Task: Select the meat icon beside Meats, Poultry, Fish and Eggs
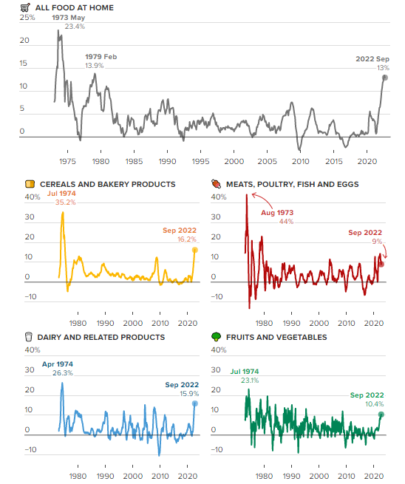[216, 184]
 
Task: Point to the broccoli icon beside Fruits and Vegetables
[216, 337]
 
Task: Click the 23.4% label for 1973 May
[75, 26]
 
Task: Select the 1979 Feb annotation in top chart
[101, 57]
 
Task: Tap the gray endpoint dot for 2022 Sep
[385, 77]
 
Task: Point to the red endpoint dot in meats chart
[381, 264]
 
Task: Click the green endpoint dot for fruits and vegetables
[381, 415]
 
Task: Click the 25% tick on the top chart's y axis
[27, 16]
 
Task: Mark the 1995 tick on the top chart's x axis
[200, 161]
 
